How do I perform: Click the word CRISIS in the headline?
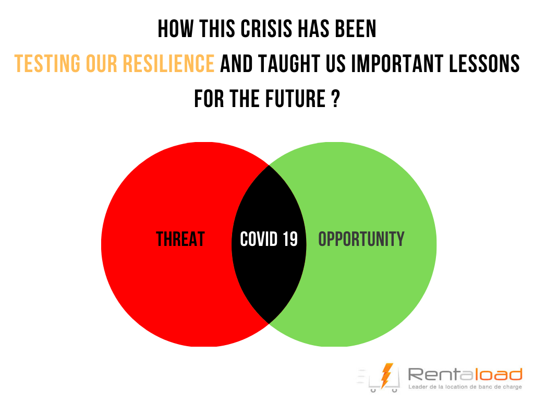coord(266,29)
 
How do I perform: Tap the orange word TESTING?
coord(47,63)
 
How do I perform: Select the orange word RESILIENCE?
coord(168,63)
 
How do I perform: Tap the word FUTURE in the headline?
coord(295,99)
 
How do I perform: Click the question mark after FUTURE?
coord(335,99)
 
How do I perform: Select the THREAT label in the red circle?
coord(180,239)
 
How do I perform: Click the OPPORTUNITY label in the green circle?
coord(361,239)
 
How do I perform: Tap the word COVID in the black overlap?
coord(259,239)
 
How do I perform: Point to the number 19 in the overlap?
coord(290,239)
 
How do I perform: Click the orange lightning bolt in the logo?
coord(386,376)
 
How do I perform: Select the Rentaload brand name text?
coord(465,374)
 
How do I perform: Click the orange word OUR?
coord(102,63)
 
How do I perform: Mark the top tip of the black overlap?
coord(269,166)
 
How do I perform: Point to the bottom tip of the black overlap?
coord(269,324)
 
